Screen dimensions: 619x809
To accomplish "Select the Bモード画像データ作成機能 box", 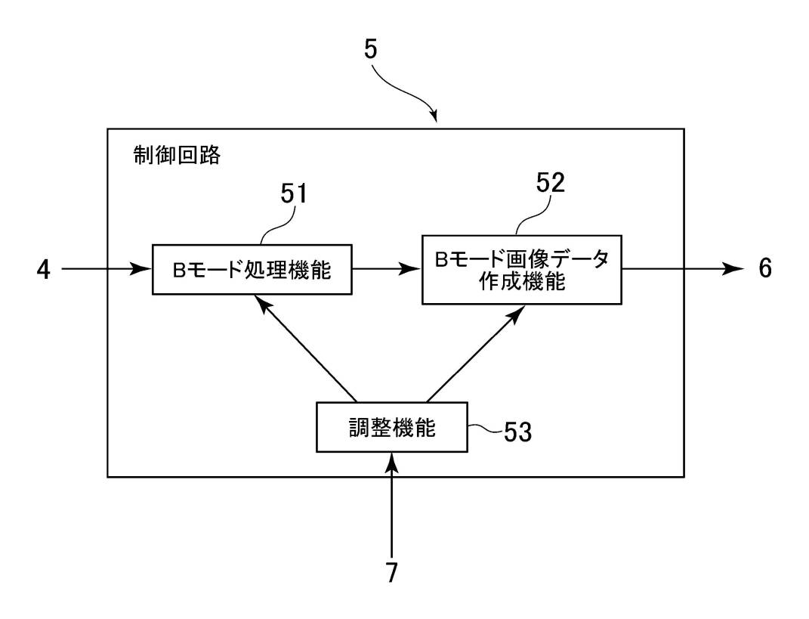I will tap(521, 269).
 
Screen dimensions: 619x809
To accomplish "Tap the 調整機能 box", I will tap(391, 428).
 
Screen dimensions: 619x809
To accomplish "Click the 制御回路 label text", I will tap(175, 156).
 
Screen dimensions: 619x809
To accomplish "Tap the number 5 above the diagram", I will tap(371, 51).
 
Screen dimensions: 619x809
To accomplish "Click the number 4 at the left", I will tap(45, 270).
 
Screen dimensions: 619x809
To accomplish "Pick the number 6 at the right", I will tap(764, 268).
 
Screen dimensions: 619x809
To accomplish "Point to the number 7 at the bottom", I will tap(391, 572).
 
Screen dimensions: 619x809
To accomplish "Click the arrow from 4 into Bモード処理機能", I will tap(106, 268).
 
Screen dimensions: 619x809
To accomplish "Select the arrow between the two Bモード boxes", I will tap(386, 268).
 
